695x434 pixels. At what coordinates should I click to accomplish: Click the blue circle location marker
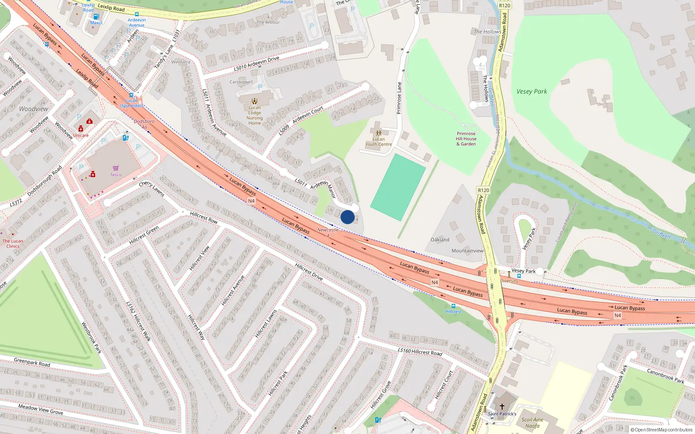pyautogui.click(x=347, y=217)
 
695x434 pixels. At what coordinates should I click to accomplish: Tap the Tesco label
pyautogui.click(x=116, y=175)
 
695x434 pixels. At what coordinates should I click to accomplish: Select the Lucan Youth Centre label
pyautogui.click(x=378, y=142)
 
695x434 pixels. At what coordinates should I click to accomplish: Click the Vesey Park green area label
pyautogui.click(x=532, y=92)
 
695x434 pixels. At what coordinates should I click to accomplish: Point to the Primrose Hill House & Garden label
pyautogui.click(x=466, y=139)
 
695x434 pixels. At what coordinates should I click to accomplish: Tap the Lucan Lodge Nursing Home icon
pyautogui.click(x=255, y=101)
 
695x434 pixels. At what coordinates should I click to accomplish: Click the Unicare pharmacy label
pyautogui.click(x=81, y=135)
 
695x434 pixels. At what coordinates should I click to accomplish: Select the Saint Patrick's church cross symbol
pyautogui.click(x=502, y=407)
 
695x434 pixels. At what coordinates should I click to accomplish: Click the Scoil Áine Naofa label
pyautogui.click(x=533, y=423)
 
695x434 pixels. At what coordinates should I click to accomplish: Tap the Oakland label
pyautogui.click(x=440, y=240)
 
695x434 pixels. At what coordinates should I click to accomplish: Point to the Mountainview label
pyautogui.click(x=467, y=251)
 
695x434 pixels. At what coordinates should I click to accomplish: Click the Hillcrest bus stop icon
pyautogui.click(x=453, y=306)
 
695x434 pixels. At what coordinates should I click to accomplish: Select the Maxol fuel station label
pyautogui.click(x=96, y=23)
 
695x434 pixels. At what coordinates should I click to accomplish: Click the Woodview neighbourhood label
pyautogui.click(x=33, y=109)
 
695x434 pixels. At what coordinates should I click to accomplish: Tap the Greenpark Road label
pyautogui.click(x=32, y=362)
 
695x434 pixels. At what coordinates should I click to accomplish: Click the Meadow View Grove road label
pyautogui.click(x=40, y=409)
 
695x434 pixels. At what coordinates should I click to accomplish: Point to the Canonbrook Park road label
pyautogui.click(x=665, y=376)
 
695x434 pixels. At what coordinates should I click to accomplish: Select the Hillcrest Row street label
pyautogui.click(x=204, y=217)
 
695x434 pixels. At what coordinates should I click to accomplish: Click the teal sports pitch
pyautogui.click(x=398, y=187)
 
